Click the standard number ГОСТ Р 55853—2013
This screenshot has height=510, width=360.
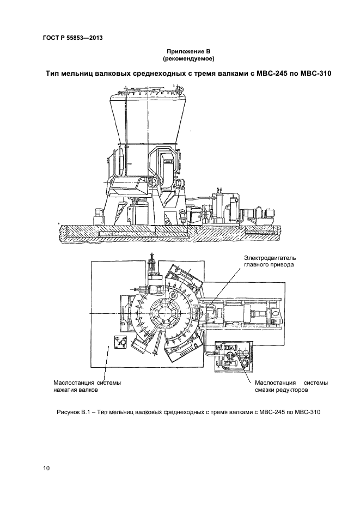click(72, 38)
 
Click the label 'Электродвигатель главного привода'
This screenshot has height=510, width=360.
click(269, 260)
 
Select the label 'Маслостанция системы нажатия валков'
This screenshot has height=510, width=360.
click(86, 386)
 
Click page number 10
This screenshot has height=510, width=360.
click(46, 468)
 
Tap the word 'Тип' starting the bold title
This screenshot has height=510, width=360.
click(54, 74)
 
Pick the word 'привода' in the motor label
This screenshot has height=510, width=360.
click(282, 264)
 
